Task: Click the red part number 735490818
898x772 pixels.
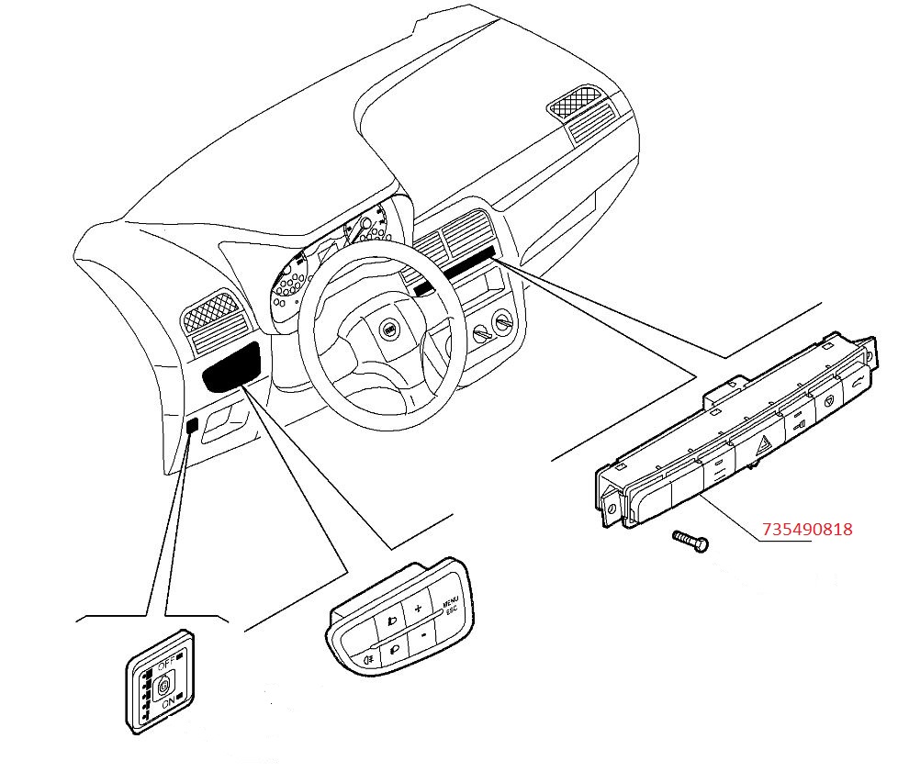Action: (807, 529)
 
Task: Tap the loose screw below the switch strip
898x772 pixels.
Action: (690, 541)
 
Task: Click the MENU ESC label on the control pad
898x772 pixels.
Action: (451, 605)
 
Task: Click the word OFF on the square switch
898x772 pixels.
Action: (167, 665)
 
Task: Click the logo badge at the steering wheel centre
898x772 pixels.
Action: (389, 330)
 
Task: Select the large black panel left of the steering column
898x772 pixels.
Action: (232, 366)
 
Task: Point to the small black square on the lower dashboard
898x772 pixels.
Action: (193, 426)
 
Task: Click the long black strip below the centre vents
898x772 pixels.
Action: (455, 270)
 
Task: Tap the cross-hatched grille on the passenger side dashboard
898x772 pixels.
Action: (576, 102)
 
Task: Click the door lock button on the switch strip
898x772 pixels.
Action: (798, 424)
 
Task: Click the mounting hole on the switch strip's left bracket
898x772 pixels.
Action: (612, 509)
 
